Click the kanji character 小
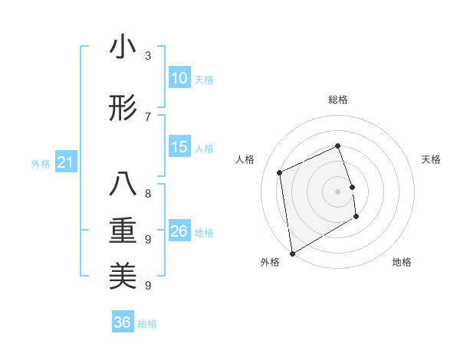pos(123,47)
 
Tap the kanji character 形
pos(123,108)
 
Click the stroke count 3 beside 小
pos(147,56)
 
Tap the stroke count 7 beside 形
pos(147,116)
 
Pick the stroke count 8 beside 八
pos(147,194)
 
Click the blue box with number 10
pos(179,78)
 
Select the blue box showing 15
pos(179,147)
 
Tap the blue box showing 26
pos(179,231)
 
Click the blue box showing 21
pos(65,162)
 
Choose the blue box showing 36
pos(123,322)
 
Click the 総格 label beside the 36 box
pos(148,324)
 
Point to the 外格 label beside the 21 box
pos(41,164)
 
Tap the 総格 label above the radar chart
pos(338,100)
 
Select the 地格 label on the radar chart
pos(402,262)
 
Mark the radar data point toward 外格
pos(292,253)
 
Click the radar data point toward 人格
pos(280,172)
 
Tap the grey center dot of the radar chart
pos(338,191)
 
